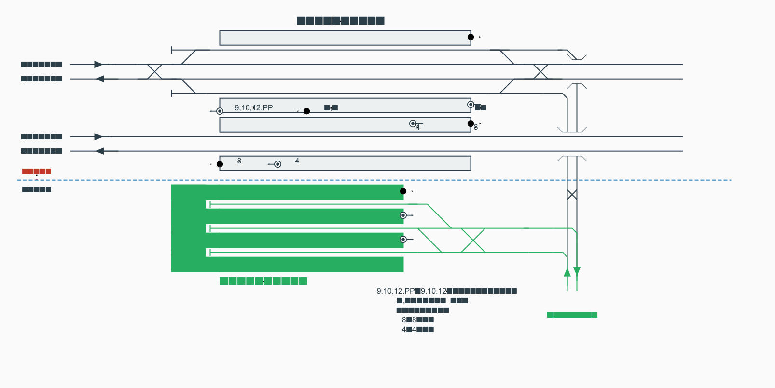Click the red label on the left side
(37, 172)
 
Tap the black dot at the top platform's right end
(471, 37)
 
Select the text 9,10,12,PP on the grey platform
(254, 108)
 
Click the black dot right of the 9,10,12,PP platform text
(306, 111)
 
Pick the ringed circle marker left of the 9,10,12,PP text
(220, 111)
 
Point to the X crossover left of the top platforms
(154, 72)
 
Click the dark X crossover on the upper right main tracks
(540, 72)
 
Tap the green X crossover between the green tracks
(473, 241)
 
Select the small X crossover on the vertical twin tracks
(572, 195)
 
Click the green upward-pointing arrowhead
(567, 272)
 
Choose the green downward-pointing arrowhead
(577, 271)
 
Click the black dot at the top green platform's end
(403, 191)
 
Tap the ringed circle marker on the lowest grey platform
(277, 164)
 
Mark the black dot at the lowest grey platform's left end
(220, 164)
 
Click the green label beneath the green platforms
(263, 281)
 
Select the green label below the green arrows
(572, 315)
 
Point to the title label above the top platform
(340, 21)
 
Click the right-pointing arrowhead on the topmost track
(99, 65)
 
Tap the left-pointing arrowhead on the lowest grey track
(100, 151)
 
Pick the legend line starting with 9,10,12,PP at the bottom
(446, 291)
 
